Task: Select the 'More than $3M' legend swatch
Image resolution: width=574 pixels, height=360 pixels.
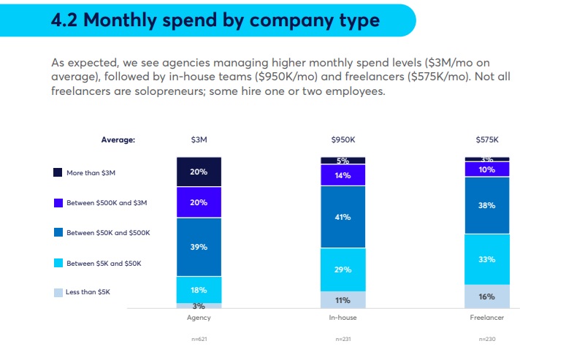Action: pyautogui.click(x=58, y=172)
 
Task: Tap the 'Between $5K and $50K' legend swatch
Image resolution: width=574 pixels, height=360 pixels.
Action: pyautogui.click(x=58, y=262)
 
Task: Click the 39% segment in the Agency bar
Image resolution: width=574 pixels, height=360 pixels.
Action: pyautogui.click(x=199, y=247)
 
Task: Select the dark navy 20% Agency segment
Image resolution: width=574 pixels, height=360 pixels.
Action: pyautogui.click(x=199, y=172)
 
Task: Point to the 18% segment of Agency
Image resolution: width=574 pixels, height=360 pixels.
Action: pyautogui.click(x=199, y=289)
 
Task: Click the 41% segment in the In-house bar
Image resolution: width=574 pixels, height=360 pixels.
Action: pyautogui.click(x=343, y=217)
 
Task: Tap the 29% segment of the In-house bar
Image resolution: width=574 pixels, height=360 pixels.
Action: pyautogui.click(x=343, y=269)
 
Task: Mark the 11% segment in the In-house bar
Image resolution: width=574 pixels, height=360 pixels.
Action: pyautogui.click(x=343, y=299)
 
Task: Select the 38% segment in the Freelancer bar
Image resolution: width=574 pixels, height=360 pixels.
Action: pyautogui.click(x=486, y=205)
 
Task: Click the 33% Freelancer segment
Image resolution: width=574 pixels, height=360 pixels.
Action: pyautogui.click(x=486, y=258)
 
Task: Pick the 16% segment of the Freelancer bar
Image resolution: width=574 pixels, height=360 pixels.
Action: pyautogui.click(x=486, y=296)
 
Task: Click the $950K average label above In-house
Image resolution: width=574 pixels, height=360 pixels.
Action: pyautogui.click(x=343, y=139)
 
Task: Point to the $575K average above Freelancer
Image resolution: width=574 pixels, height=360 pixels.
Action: pyautogui.click(x=487, y=139)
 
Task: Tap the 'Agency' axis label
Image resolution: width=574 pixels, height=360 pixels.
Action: pyautogui.click(x=199, y=319)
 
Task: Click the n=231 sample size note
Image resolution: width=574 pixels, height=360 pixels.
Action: pyautogui.click(x=343, y=339)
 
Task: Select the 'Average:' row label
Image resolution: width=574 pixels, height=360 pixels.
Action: pyautogui.click(x=118, y=139)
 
